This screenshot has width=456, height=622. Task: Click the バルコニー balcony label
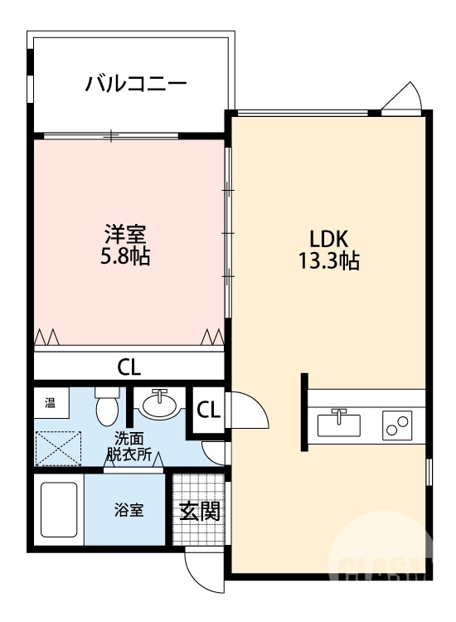coord(136,84)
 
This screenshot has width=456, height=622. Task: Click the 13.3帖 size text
coord(328,261)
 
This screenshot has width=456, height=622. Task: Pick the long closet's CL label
coord(129,366)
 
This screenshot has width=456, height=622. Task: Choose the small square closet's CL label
coord(209,409)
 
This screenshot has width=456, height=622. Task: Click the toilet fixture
coord(107,406)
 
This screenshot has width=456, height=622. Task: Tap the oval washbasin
coord(159,406)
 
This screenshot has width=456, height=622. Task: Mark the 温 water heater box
coord(51,404)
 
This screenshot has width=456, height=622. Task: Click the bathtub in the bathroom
coord(59,511)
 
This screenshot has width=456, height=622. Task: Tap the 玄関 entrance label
coord(200,511)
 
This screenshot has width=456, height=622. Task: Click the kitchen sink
coord(339,424)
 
